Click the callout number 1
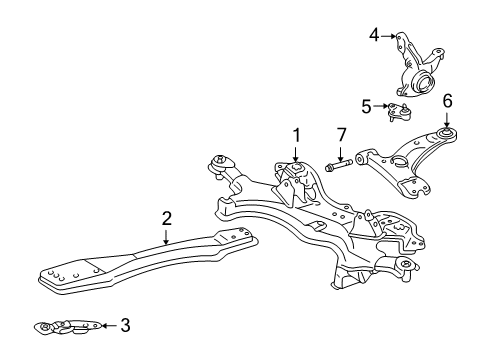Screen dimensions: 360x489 click(296, 133)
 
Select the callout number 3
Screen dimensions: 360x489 click(125, 325)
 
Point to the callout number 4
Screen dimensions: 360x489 click(374, 36)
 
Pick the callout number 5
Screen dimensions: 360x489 click(367, 104)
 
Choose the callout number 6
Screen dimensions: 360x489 click(447, 100)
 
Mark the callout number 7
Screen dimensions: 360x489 click(340, 135)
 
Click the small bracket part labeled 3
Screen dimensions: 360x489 click(70, 326)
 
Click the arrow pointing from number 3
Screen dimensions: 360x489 click(108, 325)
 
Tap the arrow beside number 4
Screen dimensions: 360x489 click(388, 36)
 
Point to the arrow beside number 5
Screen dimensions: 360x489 click(381, 104)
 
